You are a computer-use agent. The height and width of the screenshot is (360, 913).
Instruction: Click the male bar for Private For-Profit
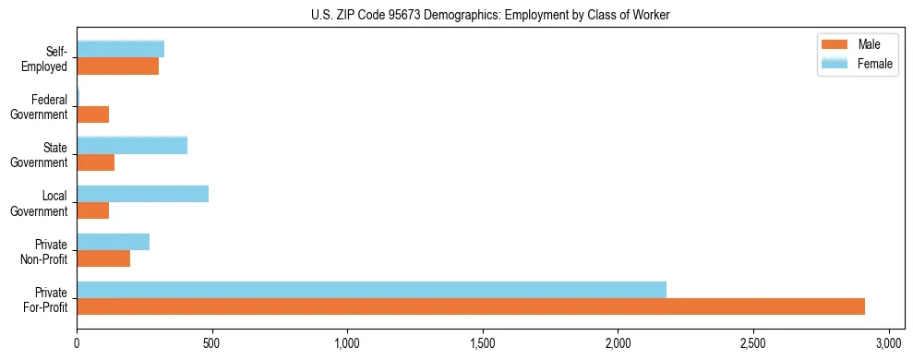(x=471, y=306)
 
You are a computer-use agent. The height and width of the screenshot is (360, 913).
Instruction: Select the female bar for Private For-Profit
(x=371, y=290)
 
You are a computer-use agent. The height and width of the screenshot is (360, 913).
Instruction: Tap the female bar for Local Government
(x=142, y=194)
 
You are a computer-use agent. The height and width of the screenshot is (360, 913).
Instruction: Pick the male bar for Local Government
(x=93, y=210)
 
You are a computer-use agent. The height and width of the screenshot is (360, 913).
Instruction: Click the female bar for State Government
(x=132, y=145)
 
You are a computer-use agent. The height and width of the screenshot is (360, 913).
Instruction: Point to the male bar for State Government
(x=96, y=162)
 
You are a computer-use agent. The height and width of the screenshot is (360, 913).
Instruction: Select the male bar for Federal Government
(x=93, y=114)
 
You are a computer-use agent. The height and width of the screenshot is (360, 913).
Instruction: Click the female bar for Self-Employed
(x=121, y=49)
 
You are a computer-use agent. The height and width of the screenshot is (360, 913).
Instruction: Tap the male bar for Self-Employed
(x=118, y=66)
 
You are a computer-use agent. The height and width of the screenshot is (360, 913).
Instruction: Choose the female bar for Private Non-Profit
(x=114, y=242)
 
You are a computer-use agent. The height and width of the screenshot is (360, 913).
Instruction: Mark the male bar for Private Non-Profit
(x=103, y=258)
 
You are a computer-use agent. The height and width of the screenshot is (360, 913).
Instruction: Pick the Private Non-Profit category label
(x=47, y=251)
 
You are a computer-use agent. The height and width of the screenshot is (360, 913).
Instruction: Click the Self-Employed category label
(x=45, y=59)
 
